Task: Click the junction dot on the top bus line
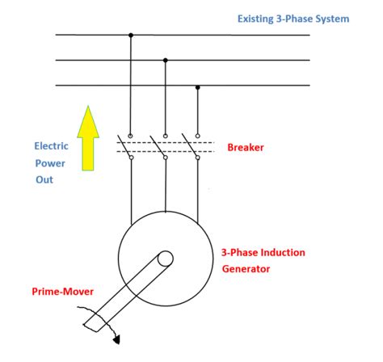(x=131, y=35)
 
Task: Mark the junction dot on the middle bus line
(x=165, y=60)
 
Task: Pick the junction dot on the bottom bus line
(x=198, y=86)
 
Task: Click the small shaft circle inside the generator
(x=165, y=259)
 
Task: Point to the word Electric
(x=51, y=146)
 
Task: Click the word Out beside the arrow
(x=43, y=179)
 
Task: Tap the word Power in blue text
(x=48, y=163)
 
